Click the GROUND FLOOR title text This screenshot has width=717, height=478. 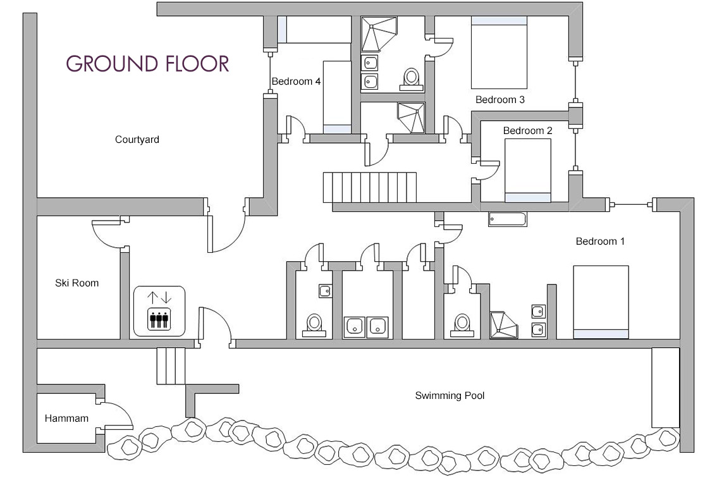point(147,64)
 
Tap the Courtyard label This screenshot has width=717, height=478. point(137,140)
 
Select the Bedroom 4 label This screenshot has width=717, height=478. point(297,82)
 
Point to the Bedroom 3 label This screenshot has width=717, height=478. point(499,100)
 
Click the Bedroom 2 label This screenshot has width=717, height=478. point(527,131)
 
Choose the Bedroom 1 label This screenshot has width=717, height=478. point(600,242)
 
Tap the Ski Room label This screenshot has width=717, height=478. point(77,283)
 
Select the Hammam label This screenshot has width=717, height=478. point(66,419)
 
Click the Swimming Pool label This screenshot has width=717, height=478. point(450,396)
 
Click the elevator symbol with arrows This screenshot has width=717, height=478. point(159,311)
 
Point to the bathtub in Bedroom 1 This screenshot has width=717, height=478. point(507,219)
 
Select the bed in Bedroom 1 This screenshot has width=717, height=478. point(601,302)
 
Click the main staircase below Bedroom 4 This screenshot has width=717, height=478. point(370,187)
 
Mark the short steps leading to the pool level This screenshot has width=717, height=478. point(171,366)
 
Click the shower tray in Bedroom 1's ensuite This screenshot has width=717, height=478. point(505,324)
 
